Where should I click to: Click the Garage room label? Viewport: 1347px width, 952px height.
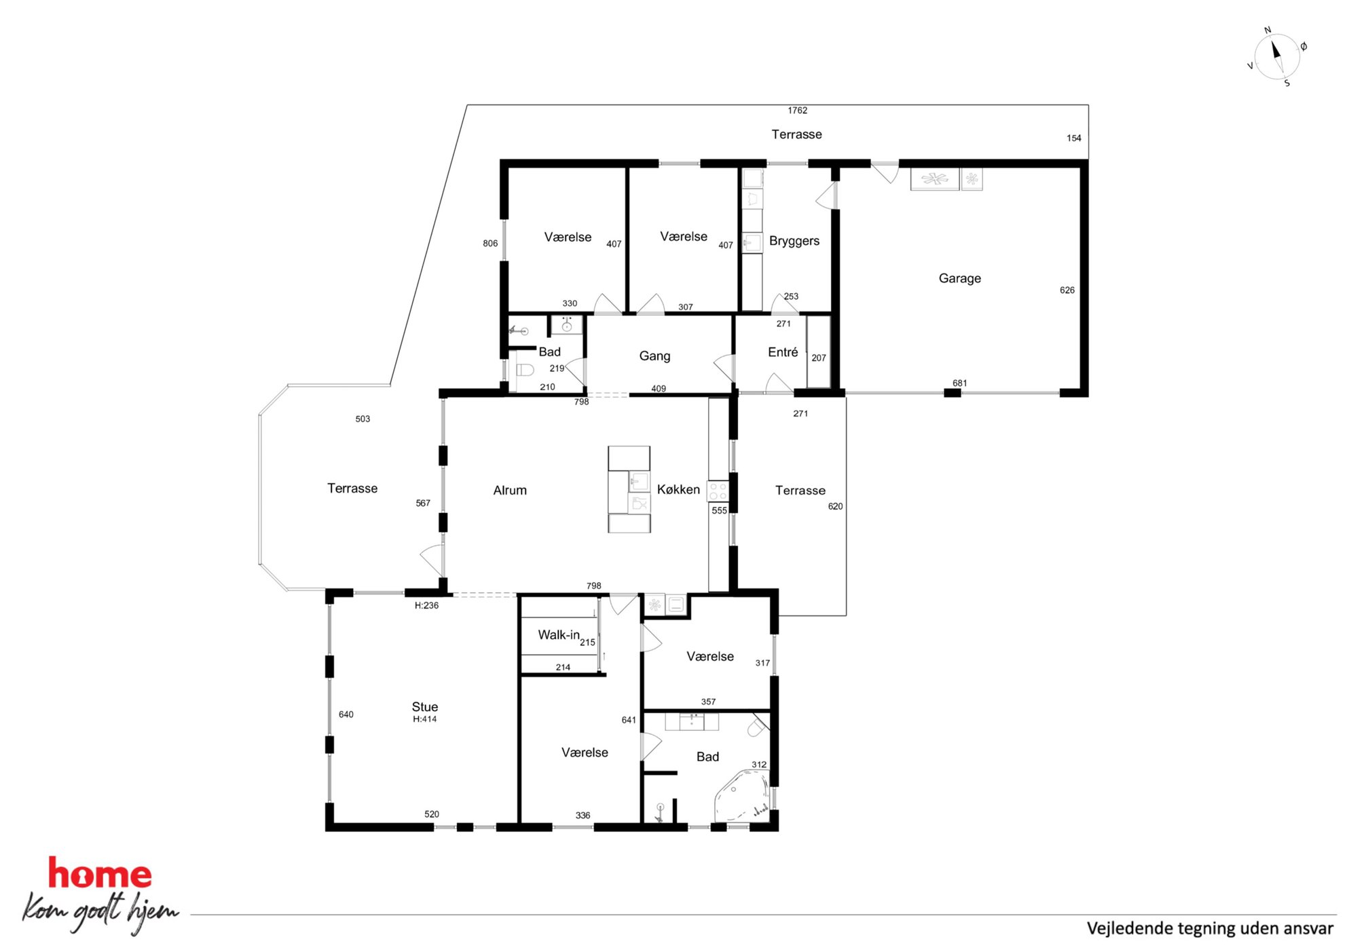(x=959, y=278)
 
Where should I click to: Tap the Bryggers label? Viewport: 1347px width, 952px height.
(x=794, y=241)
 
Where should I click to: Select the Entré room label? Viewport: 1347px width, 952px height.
(x=783, y=352)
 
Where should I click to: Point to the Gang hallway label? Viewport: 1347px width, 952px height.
(x=654, y=356)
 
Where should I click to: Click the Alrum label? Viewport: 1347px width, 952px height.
(x=510, y=490)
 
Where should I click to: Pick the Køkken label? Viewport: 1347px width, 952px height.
(x=678, y=489)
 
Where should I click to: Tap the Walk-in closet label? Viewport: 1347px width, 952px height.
(x=559, y=634)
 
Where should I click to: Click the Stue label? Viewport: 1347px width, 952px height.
(x=425, y=706)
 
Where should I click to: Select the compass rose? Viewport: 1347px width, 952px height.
(x=1276, y=57)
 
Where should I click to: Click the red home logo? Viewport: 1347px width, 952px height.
(x=99, y=873)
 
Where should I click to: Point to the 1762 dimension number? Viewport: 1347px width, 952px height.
(x=798, y=110)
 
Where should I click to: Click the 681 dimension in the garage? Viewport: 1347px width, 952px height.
(x=959, y=383)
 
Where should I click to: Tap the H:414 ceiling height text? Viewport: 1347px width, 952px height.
(x=425, y=719)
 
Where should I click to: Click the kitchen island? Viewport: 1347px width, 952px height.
(x=629, y=489)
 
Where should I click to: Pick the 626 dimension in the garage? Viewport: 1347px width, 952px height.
(x=1067, y=290)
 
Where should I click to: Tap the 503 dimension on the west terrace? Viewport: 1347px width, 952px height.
(x=363, y=419)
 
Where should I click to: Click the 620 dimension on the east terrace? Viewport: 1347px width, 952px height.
(x=835, y=506)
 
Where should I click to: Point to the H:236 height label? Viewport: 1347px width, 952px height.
(x=426, y=605)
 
